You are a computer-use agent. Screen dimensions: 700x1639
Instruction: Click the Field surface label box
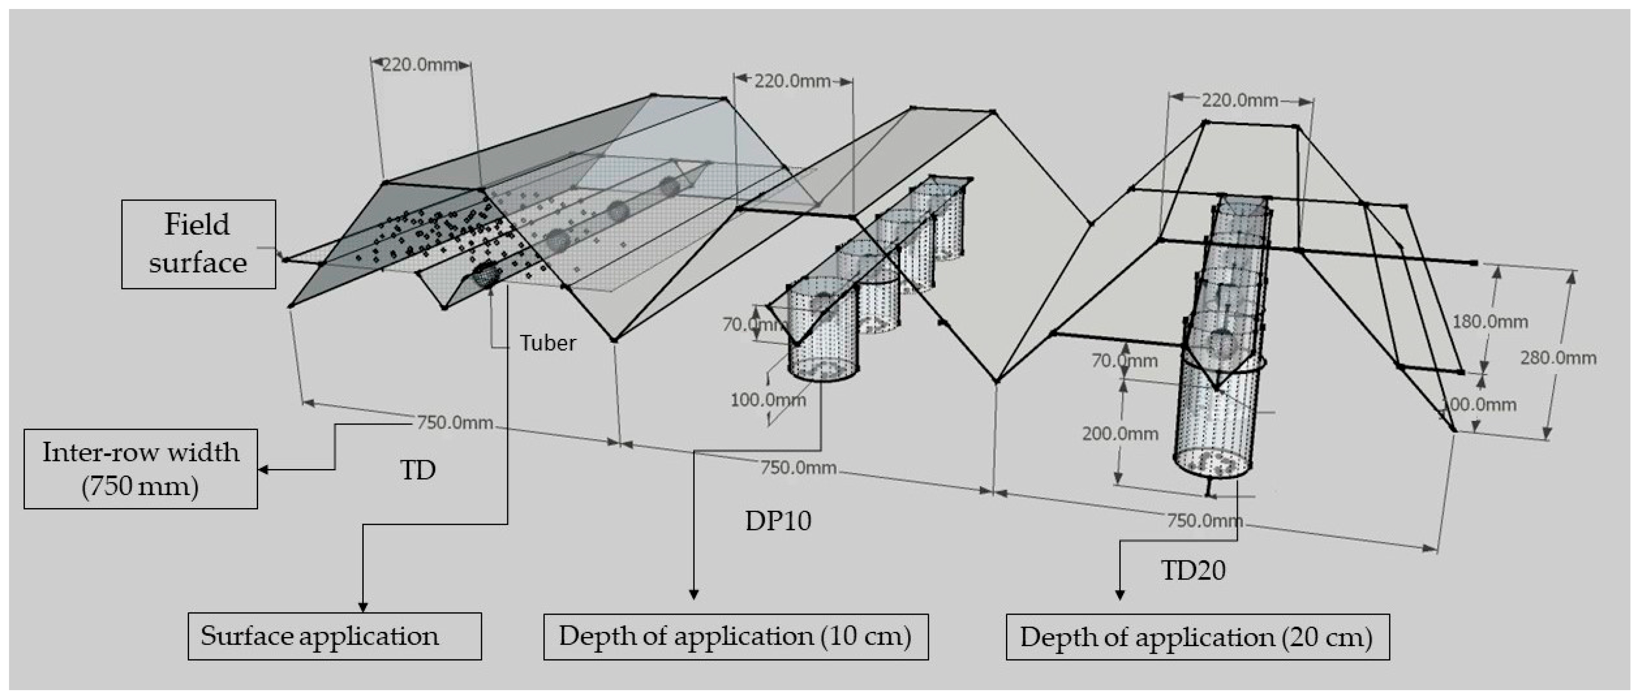point(199,244)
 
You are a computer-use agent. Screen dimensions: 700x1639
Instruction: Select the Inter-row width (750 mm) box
point(141,469)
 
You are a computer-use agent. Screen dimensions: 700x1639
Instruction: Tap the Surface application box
point(334,636)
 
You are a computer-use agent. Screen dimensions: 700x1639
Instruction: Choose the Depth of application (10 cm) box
point(735,636)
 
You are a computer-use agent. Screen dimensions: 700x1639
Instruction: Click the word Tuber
point(548,343)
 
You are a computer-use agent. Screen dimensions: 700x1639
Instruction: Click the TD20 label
point(1193,570)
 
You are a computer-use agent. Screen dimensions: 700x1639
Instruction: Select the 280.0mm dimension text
point(1558,358)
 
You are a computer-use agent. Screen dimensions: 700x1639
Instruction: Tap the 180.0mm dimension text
point(1489,322)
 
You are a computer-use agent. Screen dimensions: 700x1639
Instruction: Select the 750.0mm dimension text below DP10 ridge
point(798,468)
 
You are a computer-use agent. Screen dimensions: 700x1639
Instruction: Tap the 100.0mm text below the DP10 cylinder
point(768,400)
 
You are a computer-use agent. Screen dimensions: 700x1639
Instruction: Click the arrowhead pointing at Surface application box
point(363,607)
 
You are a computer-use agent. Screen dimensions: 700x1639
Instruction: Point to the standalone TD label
point(417,470)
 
